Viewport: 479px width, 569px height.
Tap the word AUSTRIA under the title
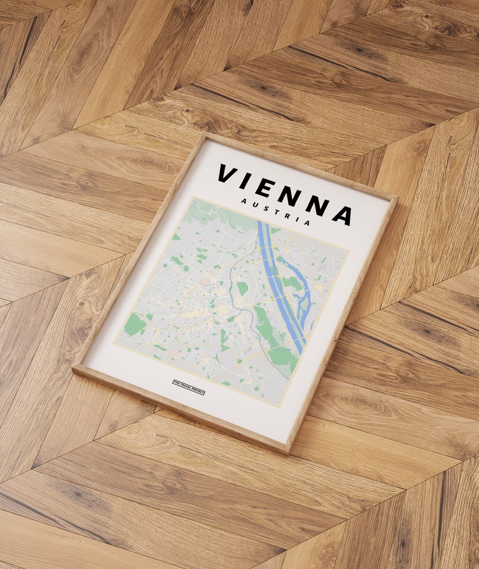point(275,212)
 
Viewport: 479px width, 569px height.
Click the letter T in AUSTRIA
point(275,212)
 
